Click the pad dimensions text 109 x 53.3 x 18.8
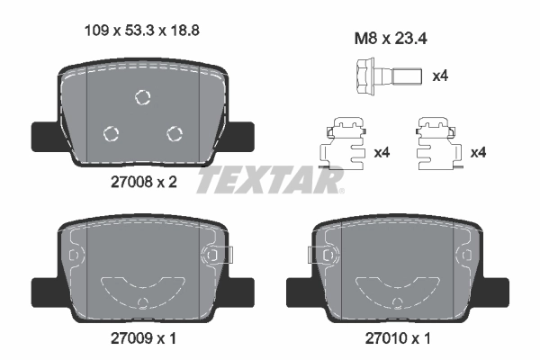pos(142,31)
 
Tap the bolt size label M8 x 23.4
pos(391,39)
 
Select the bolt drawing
pos(389,76)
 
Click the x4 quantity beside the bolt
pos(440,76)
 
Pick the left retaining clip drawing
pos(342,144)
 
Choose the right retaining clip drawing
pos(439,144)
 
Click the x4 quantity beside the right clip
pos(479,152)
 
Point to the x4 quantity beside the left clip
pos(382,152)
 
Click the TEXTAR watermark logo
pos(270,179)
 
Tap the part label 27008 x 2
pos(144,182)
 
